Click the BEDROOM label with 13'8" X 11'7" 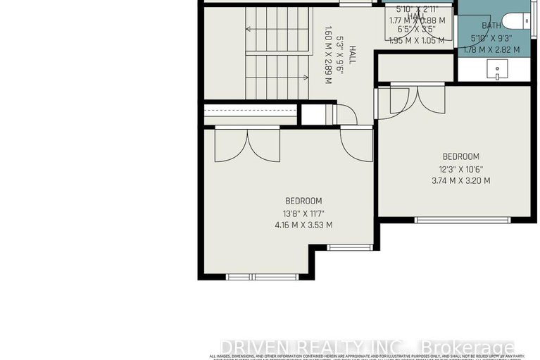pyautogui.click(x=303, y=200)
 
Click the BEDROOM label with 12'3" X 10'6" pyautogui.click(x=460, y=156)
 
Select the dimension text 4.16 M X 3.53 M pyautogui.click(x=303, y=225)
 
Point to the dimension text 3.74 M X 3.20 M pyautogui.click(x=460, y=180)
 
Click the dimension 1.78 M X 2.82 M pyautogui.click(x=491, y=50)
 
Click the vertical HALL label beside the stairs pyautogui.click(x=352, y=56)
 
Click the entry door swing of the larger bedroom pyautogui.click(x=356, y=145)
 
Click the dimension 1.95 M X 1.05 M pyautogui.click(x=417, y=40)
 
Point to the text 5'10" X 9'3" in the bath pyautogui.click(x=491, y=37)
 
